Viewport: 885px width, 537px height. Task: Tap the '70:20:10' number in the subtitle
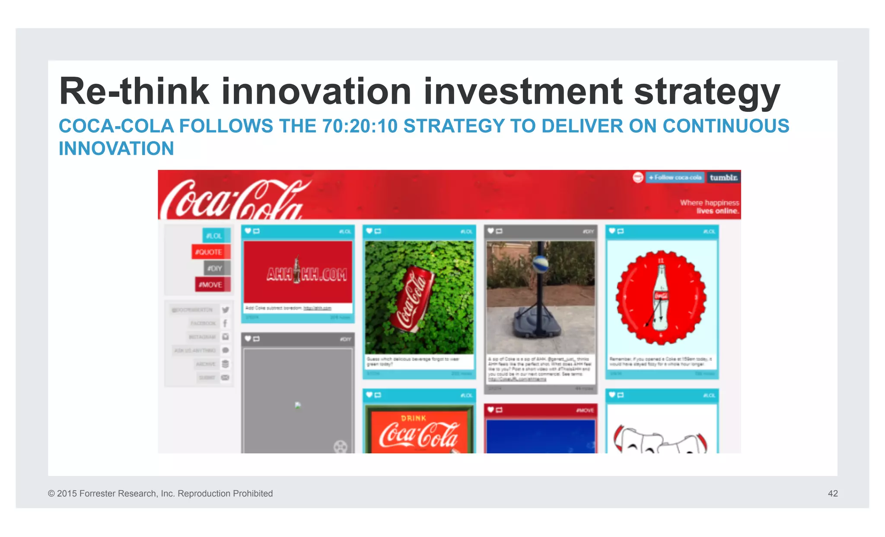[360, 126]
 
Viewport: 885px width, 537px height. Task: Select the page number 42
[833, 493]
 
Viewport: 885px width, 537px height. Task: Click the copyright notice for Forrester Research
[160, 493]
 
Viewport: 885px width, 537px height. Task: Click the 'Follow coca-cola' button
[675, 178]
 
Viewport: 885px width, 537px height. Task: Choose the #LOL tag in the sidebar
[216, 235]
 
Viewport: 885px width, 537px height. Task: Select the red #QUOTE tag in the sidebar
[210, 252]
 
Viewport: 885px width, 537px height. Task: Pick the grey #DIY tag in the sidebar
[217, 268]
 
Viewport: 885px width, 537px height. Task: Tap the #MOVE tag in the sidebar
[212, 285]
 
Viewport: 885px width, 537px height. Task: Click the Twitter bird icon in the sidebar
[226, 310]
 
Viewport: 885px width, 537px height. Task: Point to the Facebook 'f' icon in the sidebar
[225, 323]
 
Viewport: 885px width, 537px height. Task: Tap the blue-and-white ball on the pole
[541, 263]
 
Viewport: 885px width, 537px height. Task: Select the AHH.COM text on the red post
[307, 274]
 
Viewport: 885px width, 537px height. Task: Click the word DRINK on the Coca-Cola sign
[414, 418]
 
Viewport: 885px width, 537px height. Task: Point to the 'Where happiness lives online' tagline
[709, 207]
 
